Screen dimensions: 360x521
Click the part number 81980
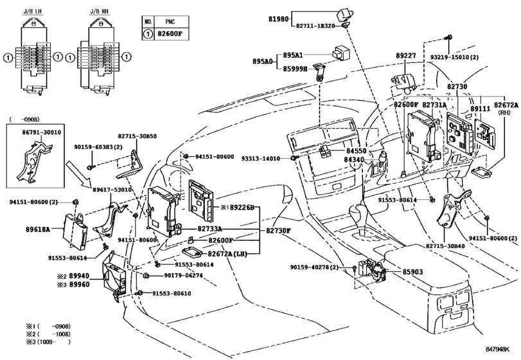click(279, 19)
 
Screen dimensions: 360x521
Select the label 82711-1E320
click(317, 26)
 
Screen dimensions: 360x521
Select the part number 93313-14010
click(261, 158)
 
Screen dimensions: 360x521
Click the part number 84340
click(354, 159)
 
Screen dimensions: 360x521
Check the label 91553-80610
click(172, 293)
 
